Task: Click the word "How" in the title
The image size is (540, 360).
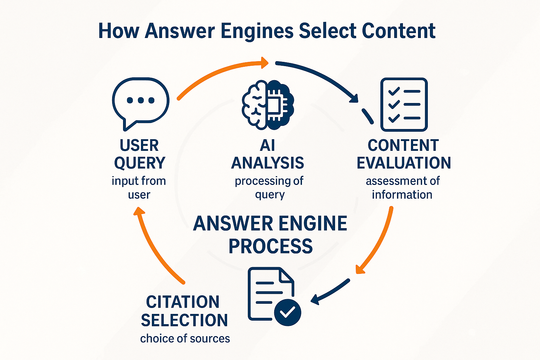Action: click(118, 31)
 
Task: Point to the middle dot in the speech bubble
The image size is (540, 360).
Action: click(141, 101)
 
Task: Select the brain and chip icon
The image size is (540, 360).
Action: click(268, 105)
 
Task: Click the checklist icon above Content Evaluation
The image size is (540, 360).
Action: click(404, 104)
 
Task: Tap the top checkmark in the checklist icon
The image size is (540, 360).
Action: click(394, 91)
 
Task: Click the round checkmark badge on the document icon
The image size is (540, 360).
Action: click(288, 312)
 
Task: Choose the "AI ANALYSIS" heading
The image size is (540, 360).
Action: click(268, 154)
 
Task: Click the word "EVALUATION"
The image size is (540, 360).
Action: click(404, 163)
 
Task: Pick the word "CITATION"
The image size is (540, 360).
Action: click(183, 302)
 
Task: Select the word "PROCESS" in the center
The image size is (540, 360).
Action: click(270, 246)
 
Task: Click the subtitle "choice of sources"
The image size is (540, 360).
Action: click(185, 339)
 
